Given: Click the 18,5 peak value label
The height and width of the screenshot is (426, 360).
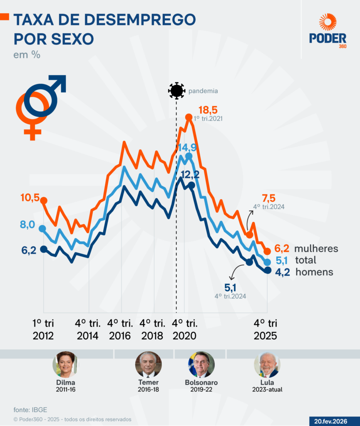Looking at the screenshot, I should coord(208,110).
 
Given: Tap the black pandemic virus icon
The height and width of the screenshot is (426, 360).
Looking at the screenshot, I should coord(176,90).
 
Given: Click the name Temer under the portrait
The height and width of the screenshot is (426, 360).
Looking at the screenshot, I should coord(148,382).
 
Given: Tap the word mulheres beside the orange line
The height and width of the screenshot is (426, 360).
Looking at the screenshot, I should coord(316,249).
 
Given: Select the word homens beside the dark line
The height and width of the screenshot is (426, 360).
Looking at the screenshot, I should coord(314,272).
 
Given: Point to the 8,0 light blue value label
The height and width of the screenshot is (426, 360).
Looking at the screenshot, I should coord(27,225).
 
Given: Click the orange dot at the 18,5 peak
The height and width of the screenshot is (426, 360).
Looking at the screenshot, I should coord(189,118).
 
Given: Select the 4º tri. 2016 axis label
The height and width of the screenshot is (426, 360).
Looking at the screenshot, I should coord(120,329).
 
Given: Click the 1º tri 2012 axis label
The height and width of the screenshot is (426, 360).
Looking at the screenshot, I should coord(43,329).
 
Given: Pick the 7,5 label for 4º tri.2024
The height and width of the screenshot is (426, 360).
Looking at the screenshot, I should coord(268,198).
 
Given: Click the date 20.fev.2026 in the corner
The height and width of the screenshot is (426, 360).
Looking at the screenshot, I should coord(334,421).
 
